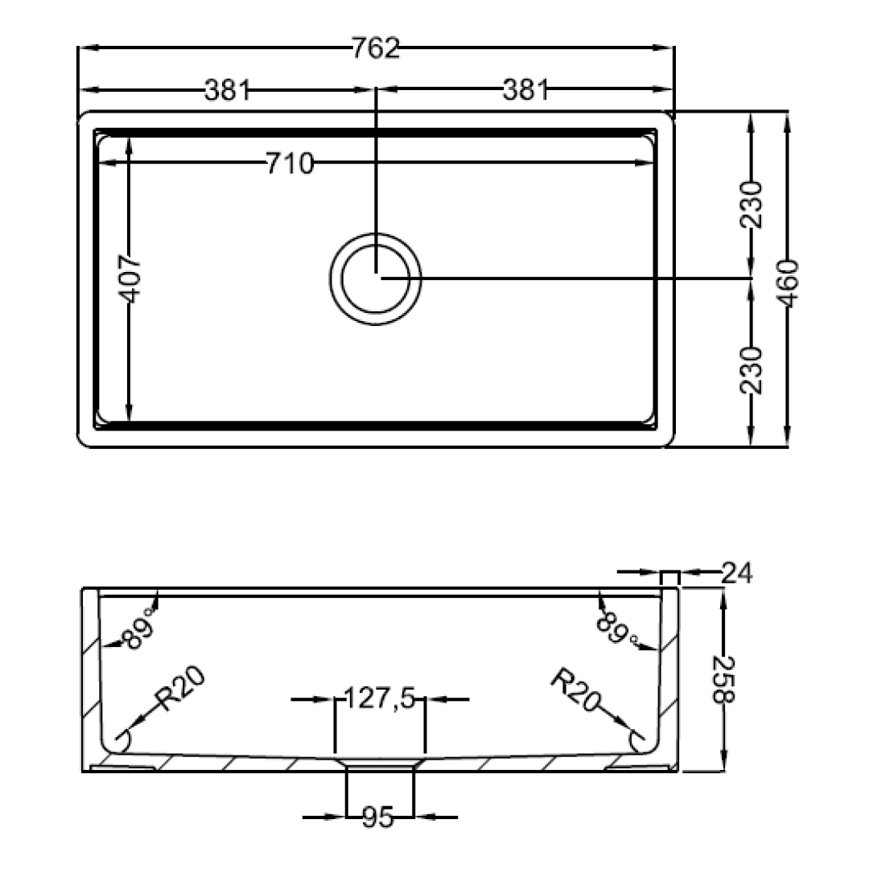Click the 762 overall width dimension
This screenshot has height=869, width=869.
[376, 48]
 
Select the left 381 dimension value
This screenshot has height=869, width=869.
[228, 90]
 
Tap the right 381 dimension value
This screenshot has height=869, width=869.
[525, 90]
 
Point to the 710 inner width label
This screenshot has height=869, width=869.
[290, 163]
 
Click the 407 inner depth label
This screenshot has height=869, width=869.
[131, 278]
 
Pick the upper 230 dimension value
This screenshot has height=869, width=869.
[752, 204]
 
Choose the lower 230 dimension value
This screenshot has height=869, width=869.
[752, 370]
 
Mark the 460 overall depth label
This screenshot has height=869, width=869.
[787, 283]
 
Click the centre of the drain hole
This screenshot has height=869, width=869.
[376, 278]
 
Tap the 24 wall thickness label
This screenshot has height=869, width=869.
[737, 573]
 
